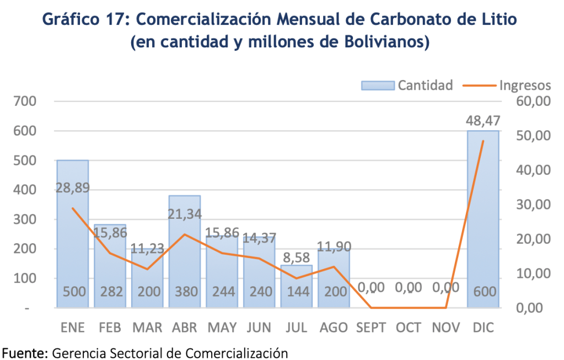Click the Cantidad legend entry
407,85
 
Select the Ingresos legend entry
507,85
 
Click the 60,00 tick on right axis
534,101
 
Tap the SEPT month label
371,328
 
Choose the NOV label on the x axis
445,328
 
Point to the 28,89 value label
73,189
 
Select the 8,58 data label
297,256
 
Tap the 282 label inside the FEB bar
110,292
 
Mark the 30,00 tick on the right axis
534,205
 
